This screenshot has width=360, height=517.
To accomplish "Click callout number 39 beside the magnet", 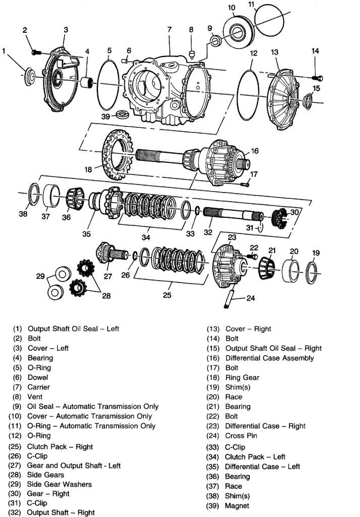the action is point(105,116).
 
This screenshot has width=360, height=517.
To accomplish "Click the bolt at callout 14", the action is point(318,78).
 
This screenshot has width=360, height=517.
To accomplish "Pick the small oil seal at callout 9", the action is point(216,40).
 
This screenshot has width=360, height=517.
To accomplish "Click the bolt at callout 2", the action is point(35,52).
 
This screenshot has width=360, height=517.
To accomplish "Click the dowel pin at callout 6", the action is point(125,60).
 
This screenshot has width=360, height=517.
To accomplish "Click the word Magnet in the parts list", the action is point(237,505).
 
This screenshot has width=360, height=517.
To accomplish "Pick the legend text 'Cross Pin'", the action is point(241,436).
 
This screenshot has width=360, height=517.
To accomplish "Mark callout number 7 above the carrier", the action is point(169,30).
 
